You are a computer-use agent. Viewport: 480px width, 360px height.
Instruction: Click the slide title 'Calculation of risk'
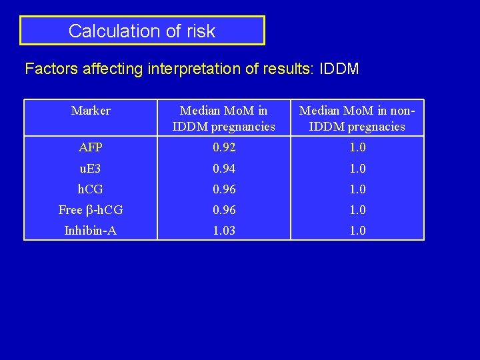(x=142, y=31)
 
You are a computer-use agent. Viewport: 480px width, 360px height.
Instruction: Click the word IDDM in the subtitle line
(x=339, y=69)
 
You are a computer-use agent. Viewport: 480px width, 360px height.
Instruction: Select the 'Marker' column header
(x=91, y=111)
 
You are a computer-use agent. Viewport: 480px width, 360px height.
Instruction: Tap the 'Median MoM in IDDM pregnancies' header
(x=224, y=118)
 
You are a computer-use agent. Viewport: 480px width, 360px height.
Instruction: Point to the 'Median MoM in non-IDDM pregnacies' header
(x=357, y=118)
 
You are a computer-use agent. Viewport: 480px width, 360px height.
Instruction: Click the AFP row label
(x=91, y=147)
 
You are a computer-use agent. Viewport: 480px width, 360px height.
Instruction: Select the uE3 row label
(x=91, y=169)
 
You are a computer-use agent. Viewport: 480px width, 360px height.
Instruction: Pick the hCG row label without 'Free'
(x=91, y=189)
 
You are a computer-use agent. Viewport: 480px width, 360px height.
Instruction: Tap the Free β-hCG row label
(x=91, y=210)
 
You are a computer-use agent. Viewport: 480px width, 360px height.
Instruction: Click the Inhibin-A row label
(x=91, y=231)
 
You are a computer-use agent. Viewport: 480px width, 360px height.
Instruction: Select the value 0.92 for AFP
(x=224, y=147)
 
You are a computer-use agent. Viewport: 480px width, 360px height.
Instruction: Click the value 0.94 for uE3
(x=224, y=169)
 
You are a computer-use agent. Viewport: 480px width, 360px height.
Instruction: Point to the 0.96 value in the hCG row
(x=224, y=189)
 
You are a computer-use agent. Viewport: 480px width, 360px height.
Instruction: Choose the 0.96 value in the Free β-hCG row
(x=224, y=210)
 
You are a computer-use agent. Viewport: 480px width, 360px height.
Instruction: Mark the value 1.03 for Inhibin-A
(x=224, y=231)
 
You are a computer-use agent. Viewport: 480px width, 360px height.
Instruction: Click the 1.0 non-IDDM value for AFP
(x=357, y=147)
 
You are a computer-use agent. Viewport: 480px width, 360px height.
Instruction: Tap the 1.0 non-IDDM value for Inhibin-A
(x=357, y=231)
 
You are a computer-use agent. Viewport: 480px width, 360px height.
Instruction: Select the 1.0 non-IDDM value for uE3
(x=357, y=169)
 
